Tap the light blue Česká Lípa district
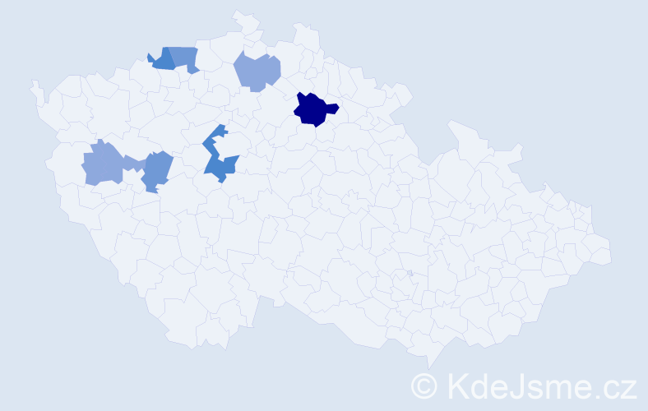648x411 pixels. pyautogui.click(x=257, y=71)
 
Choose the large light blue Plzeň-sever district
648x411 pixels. pyautogui.click(x=102, y=163)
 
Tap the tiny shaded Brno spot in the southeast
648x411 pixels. pyautogui.click(x=410, y=273)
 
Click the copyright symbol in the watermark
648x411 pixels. pyautogui.click(x=425, y=386)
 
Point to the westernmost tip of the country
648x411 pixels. pyautogui.click(x=33, y=85)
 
